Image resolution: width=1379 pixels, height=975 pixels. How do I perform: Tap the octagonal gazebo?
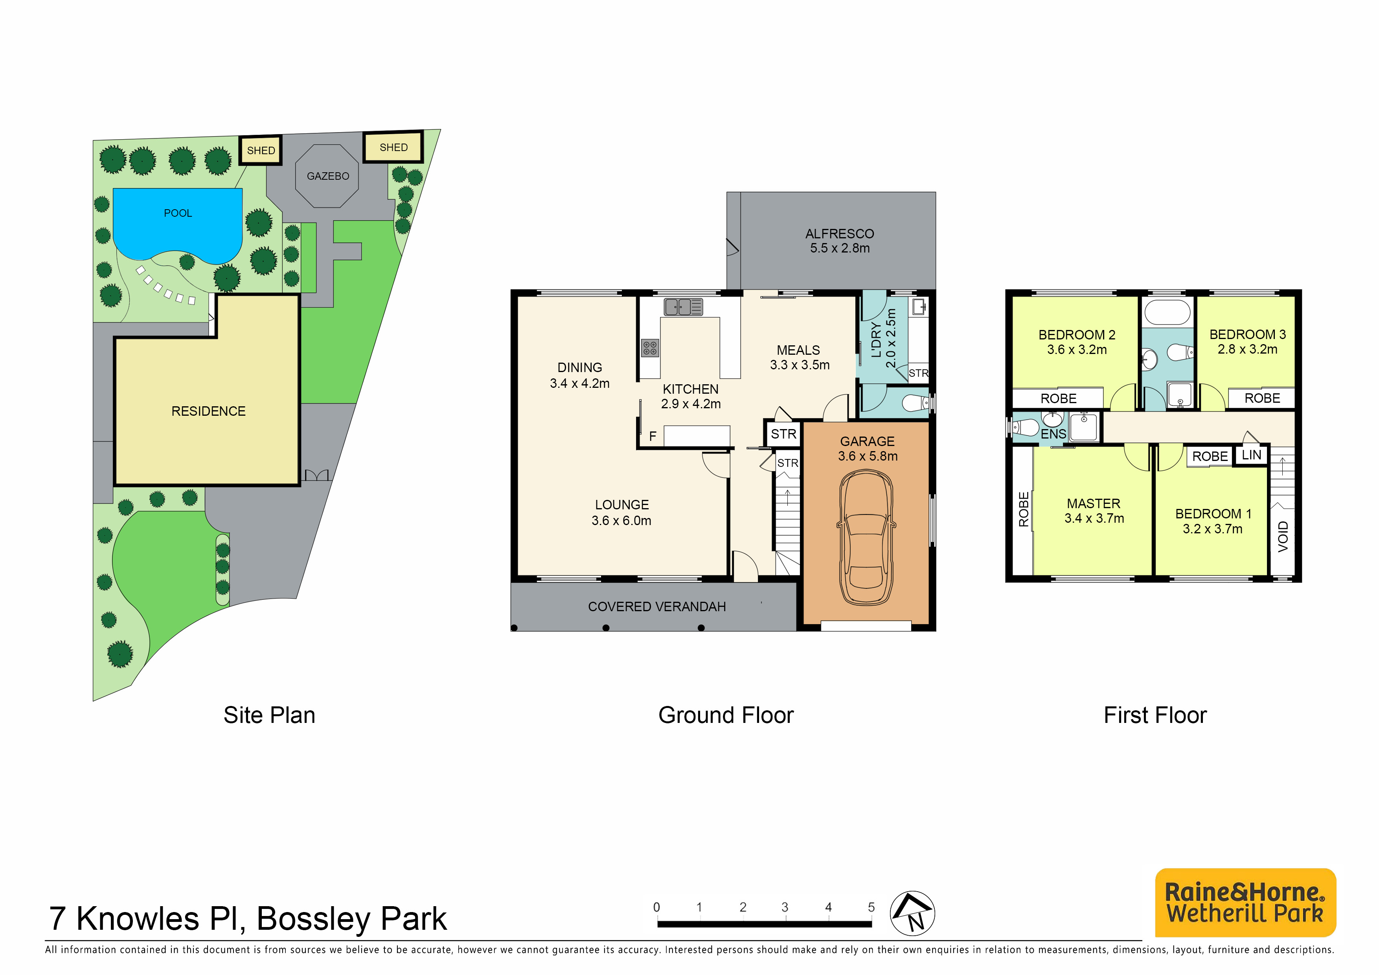(327, 176)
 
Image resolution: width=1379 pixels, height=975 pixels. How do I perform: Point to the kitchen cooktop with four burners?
(650, 347)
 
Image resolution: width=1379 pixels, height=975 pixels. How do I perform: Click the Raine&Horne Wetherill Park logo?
(1245, 902)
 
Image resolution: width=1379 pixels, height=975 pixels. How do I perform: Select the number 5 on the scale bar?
(871, 907)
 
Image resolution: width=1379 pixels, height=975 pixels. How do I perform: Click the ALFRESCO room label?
(840, 234)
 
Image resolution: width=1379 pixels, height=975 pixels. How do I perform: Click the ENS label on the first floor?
(1054, 434)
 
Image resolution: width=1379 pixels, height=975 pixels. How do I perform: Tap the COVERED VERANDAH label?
(657, 607)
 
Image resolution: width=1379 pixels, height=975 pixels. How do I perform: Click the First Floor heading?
(1155, 715)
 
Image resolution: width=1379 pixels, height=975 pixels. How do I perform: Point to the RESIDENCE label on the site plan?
(208, 411)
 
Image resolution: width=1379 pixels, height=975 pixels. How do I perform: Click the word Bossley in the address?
(313, 919)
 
